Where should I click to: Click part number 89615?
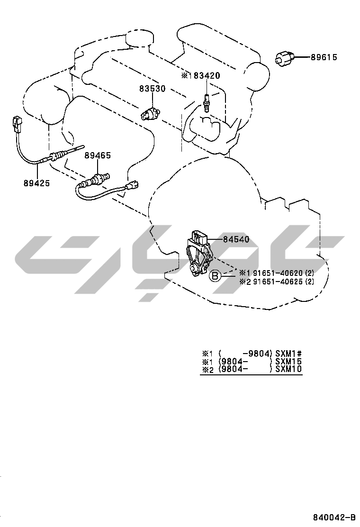tap(324, 57)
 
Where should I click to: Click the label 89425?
tap(37, 182)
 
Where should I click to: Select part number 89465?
tap(98, 155)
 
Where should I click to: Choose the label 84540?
tap(236, 239)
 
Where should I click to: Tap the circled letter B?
tap(215, 275)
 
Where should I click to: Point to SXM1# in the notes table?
tap(289, 353)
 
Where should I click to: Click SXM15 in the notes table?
tap(289, 361)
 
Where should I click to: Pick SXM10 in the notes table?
tap(289, 369)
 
